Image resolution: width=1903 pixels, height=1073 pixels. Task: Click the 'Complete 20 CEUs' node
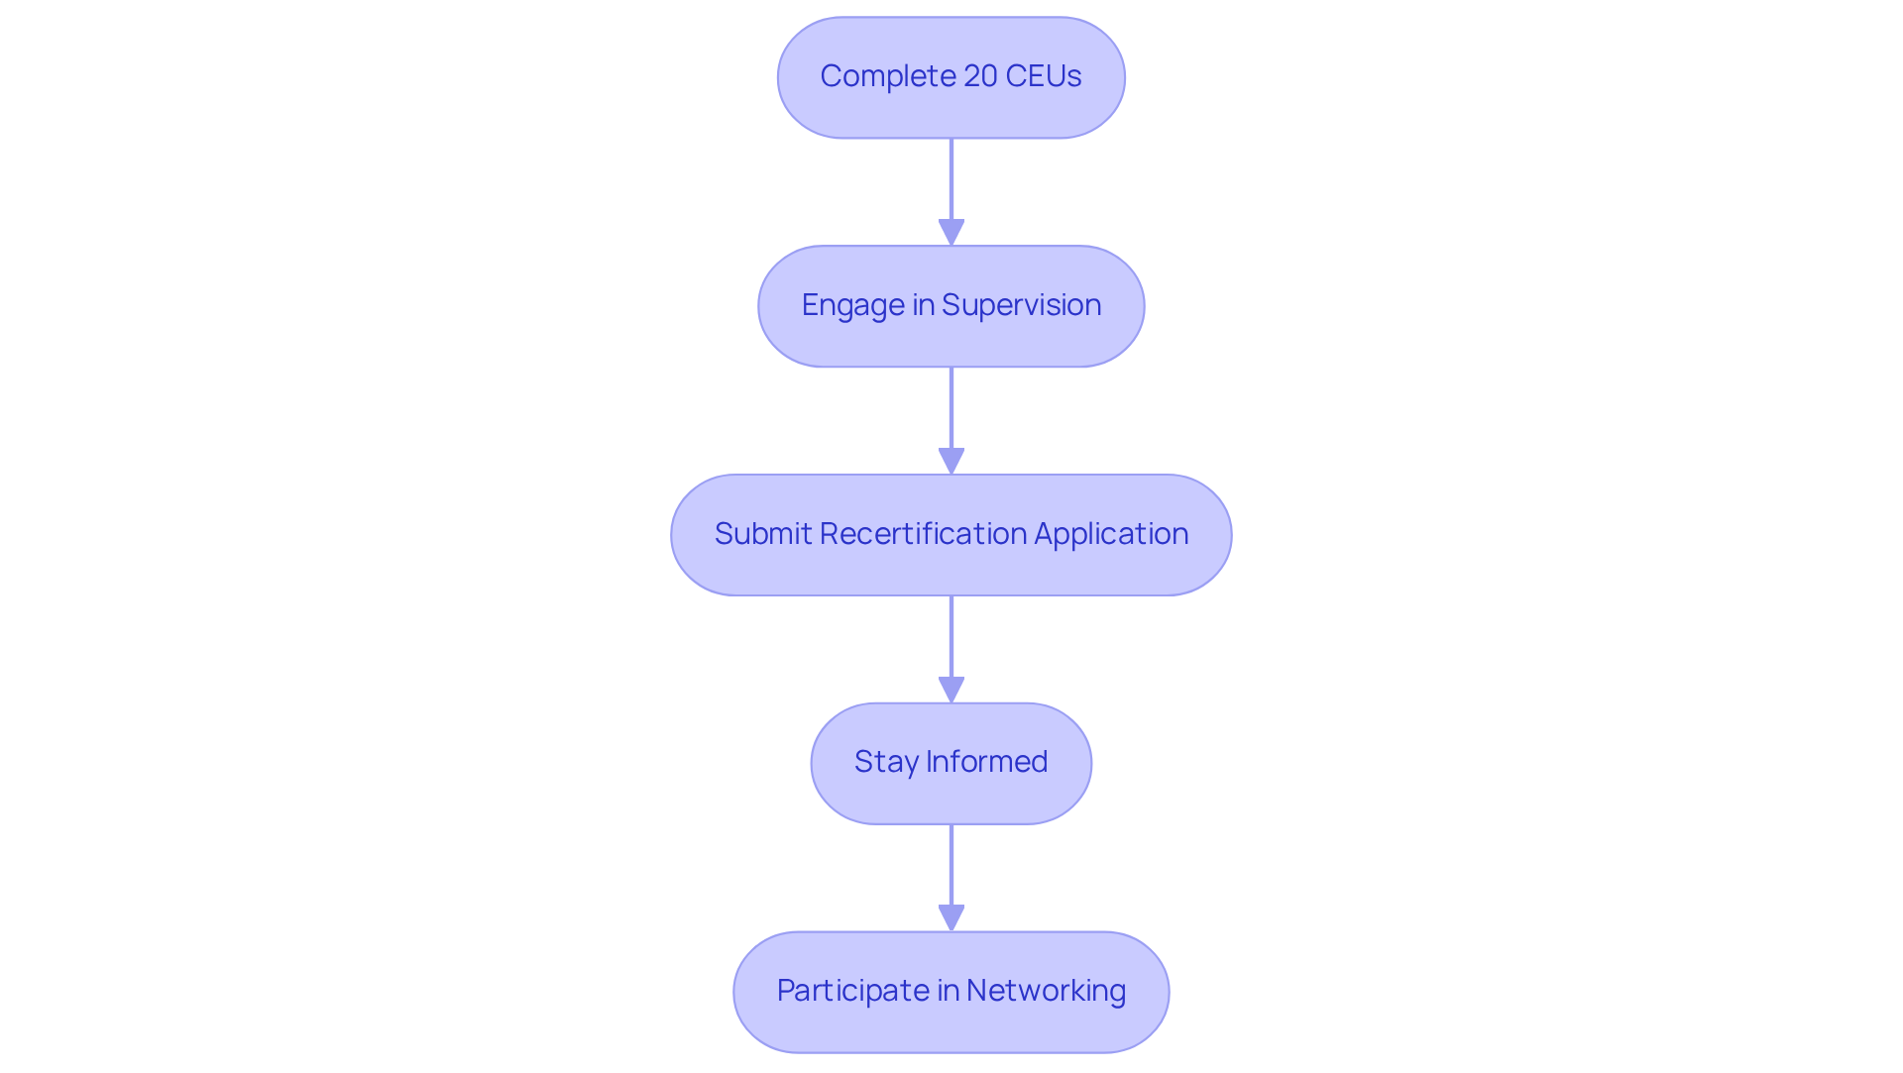click(951, 77)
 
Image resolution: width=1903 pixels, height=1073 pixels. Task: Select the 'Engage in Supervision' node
click(951, 306)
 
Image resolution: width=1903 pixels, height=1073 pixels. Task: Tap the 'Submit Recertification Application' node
click(951, 535)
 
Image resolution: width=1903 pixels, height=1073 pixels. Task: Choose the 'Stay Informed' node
click(951, 763)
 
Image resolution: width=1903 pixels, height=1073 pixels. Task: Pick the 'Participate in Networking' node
click(951, 992)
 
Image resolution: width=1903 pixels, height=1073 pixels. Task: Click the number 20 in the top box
click(980, 76)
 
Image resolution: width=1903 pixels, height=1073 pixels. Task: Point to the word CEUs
click(1043, 76)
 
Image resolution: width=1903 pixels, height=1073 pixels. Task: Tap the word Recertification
click(923, 534)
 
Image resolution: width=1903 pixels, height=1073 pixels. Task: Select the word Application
click(1111, 534)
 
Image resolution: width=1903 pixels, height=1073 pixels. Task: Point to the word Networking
click(1046, 991)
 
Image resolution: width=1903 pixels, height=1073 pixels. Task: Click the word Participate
click(852, 991)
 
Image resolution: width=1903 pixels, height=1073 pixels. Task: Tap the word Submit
click(763, 534)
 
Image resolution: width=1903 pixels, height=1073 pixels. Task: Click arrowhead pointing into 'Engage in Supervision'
click(951, 233)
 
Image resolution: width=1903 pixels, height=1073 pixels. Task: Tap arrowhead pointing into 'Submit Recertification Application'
click(951, 462)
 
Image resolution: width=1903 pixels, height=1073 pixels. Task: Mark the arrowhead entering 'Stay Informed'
click(951, 691)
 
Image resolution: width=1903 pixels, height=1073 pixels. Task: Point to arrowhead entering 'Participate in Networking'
click(951, 918)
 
